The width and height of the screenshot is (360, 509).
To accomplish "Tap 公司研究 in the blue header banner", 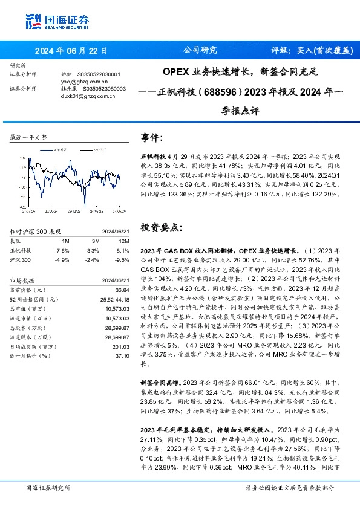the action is coord(197,51).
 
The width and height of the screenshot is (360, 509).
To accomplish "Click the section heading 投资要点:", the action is coord(160,227).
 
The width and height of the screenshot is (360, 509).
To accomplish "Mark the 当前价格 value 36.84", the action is coord(122,291).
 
